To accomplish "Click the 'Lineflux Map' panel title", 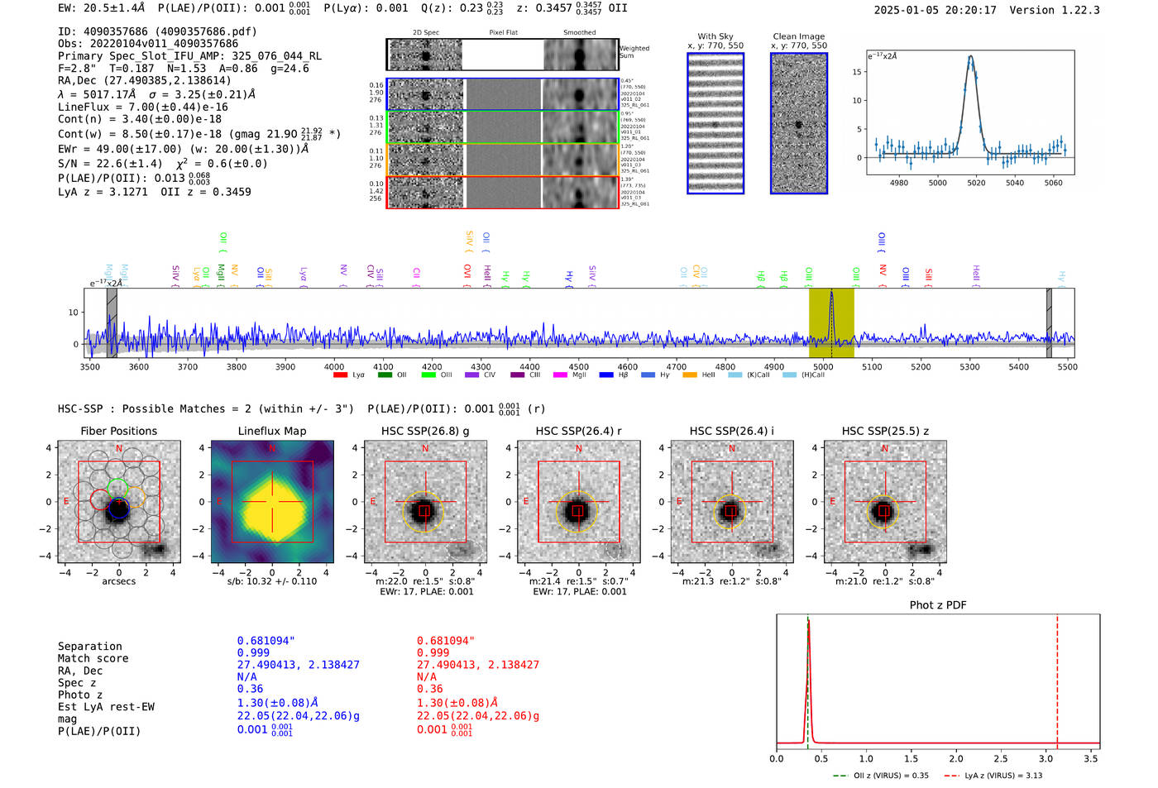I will coord(271,431).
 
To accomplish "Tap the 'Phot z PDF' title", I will coord(938,604).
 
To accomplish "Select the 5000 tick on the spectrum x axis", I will coord(823,366).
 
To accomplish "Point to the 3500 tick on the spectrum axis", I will coord(90,366).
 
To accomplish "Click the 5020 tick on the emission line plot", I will coord(976,183).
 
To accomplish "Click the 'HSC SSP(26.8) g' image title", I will coord(425,431).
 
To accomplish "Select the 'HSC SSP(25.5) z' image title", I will coord(885,431).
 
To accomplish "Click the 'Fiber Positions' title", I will coord(119,431).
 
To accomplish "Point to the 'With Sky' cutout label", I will coord(715,36).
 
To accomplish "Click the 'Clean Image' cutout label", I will coord(798,36).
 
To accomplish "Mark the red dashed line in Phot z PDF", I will coord(1057,678).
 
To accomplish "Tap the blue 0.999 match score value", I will coord(253,652).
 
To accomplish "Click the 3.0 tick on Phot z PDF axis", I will coord(1046,758).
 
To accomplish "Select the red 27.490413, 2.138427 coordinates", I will coord(477,664).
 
